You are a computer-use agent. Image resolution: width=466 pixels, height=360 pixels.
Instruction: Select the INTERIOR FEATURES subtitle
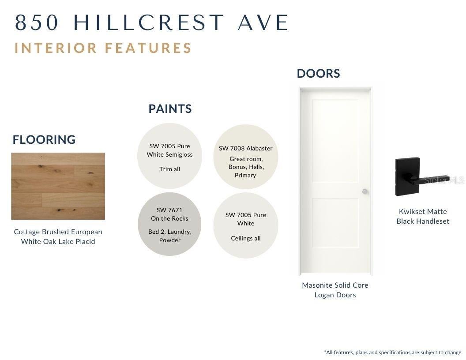pyautogui.click(x=103, y=48)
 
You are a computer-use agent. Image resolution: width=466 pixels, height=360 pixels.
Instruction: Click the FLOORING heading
pyautogui.click(x=44, y=139)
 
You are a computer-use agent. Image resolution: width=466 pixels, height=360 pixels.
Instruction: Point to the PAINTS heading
pyautogui.click(x=170, y=109)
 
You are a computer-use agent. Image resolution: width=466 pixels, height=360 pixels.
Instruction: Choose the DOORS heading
pyautogui.click(x=318, y=74)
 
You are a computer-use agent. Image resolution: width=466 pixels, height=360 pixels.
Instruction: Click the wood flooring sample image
pyautogui.click(x=58, y=186)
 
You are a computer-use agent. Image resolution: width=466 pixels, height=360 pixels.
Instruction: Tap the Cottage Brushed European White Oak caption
pyautogui.click(x=58, y=236)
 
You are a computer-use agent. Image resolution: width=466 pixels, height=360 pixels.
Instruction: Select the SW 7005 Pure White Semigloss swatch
pyautogui.click(x=170, y=156)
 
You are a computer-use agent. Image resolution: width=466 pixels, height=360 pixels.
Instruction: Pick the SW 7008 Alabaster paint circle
pyautogui.click(x=246, y=157)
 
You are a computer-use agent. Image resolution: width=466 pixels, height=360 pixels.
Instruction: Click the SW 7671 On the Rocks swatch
pyautogui.click(x=170, y=224)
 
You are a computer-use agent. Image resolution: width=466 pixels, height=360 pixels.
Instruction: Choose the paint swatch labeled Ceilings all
pyautogui.click(x=246, y=225)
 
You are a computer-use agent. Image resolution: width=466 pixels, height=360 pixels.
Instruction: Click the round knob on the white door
pyautogui.click(x=365, y=191)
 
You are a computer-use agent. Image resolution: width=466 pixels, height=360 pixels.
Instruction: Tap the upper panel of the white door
pyautogui.click(x=335, y=141)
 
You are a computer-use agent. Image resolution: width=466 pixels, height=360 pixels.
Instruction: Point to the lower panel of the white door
pyautogui.click(x=335, y=223)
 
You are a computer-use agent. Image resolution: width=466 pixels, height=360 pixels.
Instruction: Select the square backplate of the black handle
pyautogui.click(x=407, y=177)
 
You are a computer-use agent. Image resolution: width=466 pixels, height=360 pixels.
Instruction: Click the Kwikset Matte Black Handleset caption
pyautogui.click(x=423, y=216)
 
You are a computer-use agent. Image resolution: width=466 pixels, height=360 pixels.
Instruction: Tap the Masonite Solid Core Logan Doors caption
pyautogui.click(x=335, y=290)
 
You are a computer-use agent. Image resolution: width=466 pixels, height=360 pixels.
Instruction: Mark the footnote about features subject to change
pyautogui.click(x=394, y=352)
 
